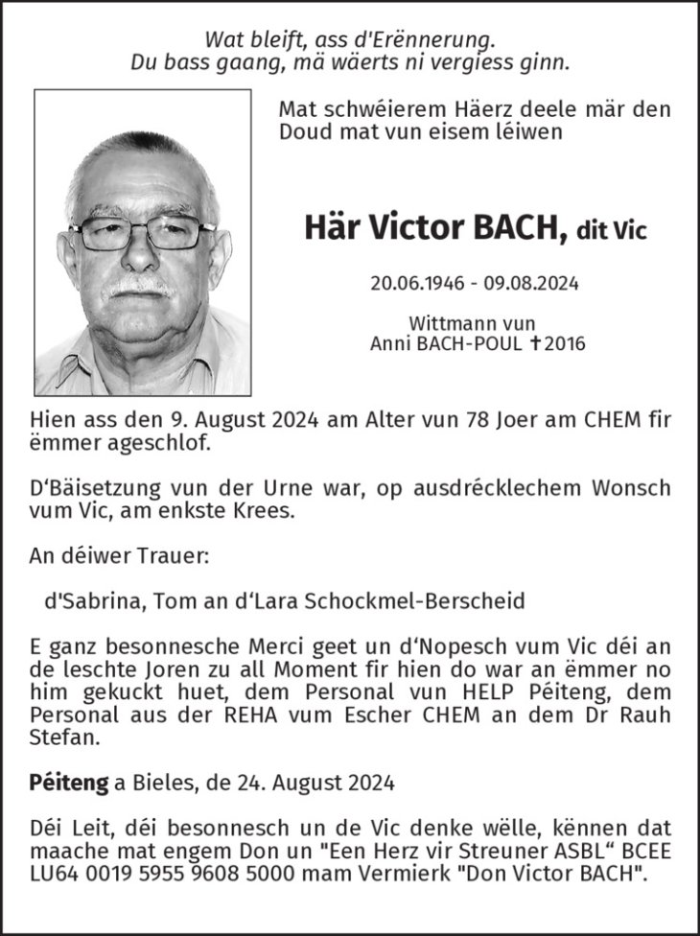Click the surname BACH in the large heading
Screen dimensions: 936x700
coord(516,229)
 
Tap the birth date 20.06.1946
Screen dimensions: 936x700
coord(412,284)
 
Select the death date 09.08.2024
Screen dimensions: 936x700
coord(525,284)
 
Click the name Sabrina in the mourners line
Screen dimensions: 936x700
coord(94,601)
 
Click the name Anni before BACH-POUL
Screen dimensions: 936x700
coord(391,343)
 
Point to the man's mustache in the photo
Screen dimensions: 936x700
coord(141,286)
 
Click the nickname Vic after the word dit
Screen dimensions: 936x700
coord(630,231)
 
